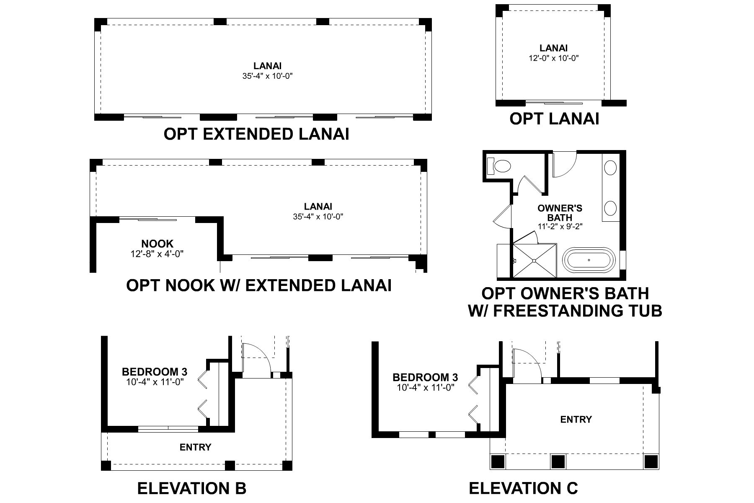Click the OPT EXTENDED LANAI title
256,134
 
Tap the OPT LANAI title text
554,119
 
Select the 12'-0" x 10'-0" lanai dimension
553,58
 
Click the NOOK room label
157,244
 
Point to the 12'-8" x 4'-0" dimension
157,254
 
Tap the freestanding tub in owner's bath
589,260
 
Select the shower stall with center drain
535,260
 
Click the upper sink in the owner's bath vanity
610,169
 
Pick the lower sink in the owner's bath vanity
610,208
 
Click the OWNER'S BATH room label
560,213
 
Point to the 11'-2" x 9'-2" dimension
560,226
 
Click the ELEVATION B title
191,488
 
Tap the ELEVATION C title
523,488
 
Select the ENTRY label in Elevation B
195,447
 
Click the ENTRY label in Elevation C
576,419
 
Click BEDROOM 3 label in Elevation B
154,372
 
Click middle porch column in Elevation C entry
558,462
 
